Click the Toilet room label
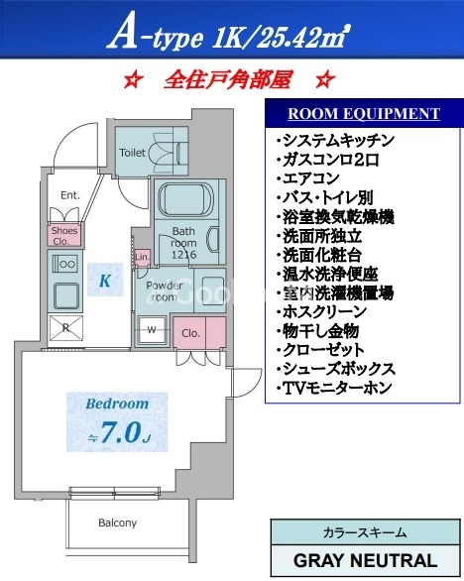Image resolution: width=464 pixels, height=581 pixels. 132,153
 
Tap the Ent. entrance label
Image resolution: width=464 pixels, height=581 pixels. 70,195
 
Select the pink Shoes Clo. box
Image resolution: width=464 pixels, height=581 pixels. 64,235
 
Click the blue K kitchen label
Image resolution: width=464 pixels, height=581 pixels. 105,281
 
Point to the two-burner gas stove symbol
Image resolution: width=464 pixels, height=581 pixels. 64,264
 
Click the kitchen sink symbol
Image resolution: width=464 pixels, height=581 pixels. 66,296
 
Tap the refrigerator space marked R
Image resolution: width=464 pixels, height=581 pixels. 66,328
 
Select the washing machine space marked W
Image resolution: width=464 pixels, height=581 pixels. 152,330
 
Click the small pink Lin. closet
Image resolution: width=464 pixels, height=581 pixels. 143,257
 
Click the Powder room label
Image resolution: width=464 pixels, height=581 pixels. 165,291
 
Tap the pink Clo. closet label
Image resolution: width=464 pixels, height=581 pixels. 191,333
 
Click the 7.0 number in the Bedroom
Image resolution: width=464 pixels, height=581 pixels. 121,432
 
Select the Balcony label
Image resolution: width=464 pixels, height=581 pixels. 117,523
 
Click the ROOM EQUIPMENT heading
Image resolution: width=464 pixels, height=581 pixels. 364,113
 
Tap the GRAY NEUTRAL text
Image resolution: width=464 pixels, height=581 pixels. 366,560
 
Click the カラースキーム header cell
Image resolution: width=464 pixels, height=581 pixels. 365,532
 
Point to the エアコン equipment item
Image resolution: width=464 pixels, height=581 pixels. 308,178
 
